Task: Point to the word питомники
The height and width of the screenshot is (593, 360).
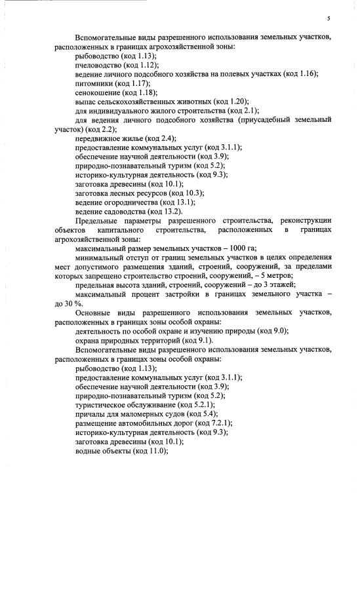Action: coord(94,84)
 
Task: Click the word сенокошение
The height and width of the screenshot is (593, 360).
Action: coord(97,93)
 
